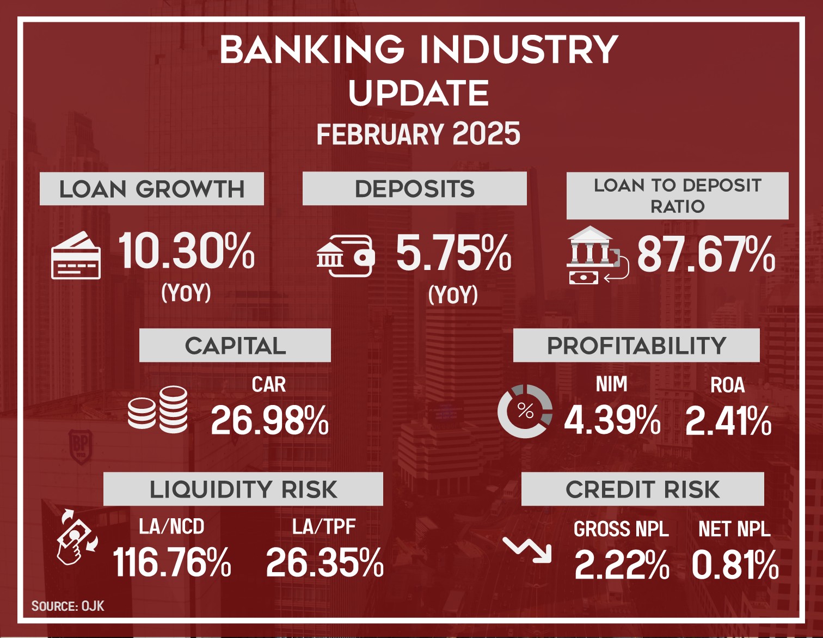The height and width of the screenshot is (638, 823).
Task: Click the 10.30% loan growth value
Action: pos(186,250)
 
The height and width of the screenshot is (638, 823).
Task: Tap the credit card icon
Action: pos(76,255)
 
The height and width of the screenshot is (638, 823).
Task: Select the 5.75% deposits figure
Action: pos(453,253)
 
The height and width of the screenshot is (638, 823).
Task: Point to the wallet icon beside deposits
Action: pos(346,256)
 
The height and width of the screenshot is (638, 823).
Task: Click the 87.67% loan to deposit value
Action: pos(707,254)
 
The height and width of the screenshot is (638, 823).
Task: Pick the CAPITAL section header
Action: pos(235,345)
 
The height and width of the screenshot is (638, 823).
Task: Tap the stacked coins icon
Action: pos(157,410)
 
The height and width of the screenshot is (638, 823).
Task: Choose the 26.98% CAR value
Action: pos(269,420)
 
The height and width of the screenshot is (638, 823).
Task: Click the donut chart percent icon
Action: pos(525,412)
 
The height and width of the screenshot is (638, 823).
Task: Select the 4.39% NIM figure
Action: pos(612,420)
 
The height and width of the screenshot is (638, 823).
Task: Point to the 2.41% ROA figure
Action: pos(728,420)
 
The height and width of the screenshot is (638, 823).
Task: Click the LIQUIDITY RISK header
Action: pos(243,489)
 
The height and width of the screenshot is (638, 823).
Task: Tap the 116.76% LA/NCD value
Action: pos(172,562)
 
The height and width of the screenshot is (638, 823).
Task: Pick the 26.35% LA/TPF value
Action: pos(324,562)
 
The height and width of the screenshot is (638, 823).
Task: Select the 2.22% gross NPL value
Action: pos(622,565)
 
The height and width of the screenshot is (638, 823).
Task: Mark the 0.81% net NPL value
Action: pos(735,565)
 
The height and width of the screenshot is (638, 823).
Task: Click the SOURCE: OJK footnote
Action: pos(67,606)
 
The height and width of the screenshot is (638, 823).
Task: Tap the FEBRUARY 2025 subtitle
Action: pos(418,134)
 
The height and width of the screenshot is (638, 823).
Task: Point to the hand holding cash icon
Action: pos(77,537)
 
